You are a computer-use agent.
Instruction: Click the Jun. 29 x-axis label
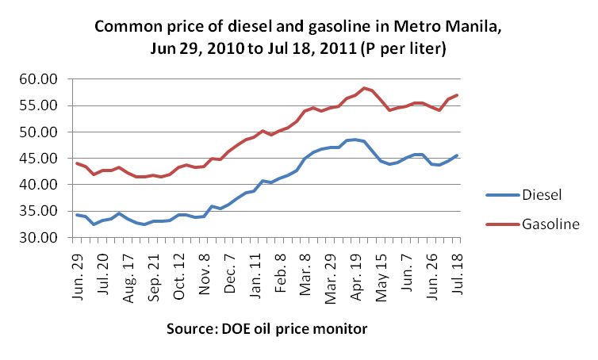coord(79,270)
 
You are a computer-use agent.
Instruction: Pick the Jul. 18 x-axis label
coord(456,270)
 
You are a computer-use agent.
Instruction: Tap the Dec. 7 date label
coord(228,270)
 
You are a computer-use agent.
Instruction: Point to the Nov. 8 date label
coord(204,270)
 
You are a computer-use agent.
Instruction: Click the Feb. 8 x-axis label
coord(279,270)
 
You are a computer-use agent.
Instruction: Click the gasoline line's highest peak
coord(363,88)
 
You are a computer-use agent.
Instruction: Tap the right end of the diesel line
coord(457,155)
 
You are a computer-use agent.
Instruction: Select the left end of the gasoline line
coord(77,163)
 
